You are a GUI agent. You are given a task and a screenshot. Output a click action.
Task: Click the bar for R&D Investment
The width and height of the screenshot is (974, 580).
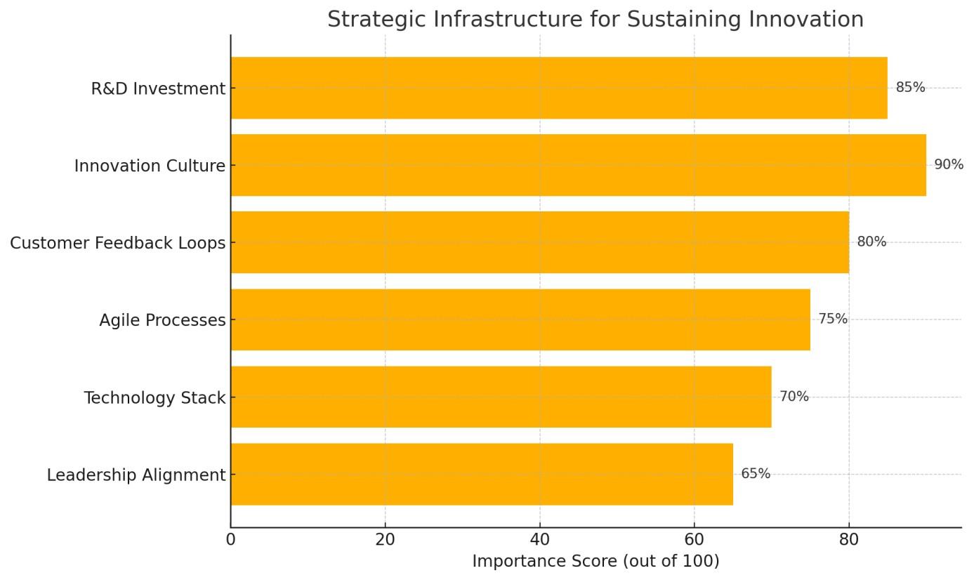[x=558, y=88]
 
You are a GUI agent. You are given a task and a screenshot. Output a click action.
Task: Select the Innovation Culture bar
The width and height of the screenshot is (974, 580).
[x=578, y=165]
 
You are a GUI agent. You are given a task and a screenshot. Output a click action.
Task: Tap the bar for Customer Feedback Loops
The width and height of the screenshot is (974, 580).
[x=539, y=242]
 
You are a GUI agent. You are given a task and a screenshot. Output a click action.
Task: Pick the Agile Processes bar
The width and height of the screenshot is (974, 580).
[x=520, y=319]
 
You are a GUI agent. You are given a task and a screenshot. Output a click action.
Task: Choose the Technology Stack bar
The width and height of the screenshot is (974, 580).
[x=501, y=397]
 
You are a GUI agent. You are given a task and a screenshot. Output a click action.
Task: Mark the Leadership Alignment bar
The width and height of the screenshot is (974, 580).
[x=481, y=474]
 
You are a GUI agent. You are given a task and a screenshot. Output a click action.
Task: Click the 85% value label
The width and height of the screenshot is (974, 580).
[x=910, y=88]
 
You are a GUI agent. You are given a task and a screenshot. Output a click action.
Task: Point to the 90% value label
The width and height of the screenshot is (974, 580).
[x=948, y=165]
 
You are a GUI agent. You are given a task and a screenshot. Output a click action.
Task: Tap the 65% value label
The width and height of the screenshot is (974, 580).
[x=756, y=474]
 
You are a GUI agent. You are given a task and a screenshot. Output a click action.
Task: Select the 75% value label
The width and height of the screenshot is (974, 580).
[x=833, y=319]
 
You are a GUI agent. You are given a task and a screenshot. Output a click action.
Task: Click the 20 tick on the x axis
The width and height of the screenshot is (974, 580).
[x=385, y=540]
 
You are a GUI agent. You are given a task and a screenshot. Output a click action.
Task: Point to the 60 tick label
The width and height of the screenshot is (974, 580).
[x=694, y=540]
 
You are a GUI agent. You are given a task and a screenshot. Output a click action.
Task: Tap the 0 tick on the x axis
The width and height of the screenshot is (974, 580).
[x=230, y=540]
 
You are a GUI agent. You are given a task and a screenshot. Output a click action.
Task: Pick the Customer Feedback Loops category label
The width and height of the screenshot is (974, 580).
[x=118, y=243]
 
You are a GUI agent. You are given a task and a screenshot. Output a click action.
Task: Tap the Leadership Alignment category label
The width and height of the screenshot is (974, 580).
[x=136, y=475]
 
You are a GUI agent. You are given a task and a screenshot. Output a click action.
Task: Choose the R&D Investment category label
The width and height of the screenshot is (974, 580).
[x=158, y=89]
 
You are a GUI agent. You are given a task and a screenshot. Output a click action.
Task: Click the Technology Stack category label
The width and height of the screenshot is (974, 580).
[x=154, y=398]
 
